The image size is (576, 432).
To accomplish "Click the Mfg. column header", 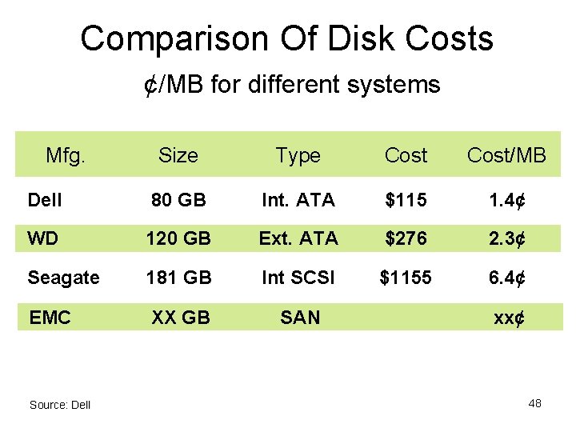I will coord(66,154).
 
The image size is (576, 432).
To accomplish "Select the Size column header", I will coord(178,155).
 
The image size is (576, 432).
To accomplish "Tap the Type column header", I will coord(298,155).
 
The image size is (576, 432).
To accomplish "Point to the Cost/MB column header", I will coord(506,155).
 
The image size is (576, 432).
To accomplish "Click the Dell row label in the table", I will coord(44,200).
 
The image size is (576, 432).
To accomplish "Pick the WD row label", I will coord(41,238).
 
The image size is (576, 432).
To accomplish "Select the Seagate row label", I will coord(63,278).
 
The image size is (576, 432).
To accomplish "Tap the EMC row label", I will coord(50,318).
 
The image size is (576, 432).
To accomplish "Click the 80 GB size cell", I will coord(178,200).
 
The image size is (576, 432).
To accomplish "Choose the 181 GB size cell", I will coord(178,278).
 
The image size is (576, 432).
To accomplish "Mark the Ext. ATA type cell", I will coord(298,238).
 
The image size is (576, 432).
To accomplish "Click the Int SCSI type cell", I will coord(298,278).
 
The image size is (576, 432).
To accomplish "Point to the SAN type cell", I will coord(300,318).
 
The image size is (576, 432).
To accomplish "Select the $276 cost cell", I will coord(406,238).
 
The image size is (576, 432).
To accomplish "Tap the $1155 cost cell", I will coord(406,278).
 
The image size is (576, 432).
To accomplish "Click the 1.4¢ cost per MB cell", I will coord(506,200).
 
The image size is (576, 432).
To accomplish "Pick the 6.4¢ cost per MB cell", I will coord(506,278).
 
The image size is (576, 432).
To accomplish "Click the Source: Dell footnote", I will coord(60,405).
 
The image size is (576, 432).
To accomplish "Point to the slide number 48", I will coord(534,403).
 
